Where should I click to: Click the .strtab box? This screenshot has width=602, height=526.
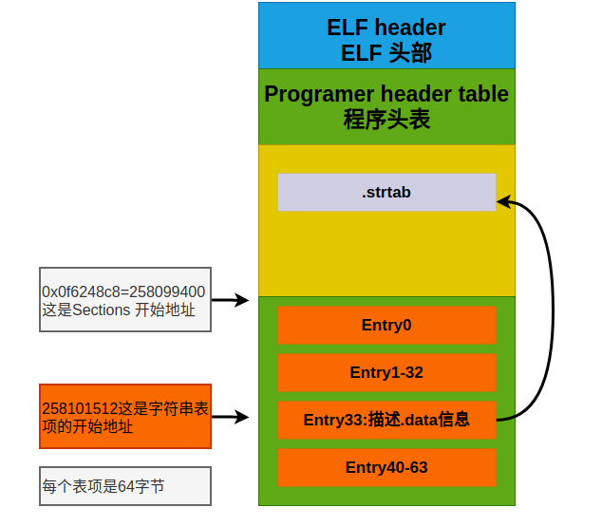point(386,192)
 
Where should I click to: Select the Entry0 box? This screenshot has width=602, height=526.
point(386,325)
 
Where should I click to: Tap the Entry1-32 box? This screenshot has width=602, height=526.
point(386,372)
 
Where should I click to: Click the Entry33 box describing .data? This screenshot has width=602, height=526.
point(386,420)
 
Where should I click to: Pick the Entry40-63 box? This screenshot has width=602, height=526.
point(386,467)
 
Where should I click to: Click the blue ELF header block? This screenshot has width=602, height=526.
point(386,35)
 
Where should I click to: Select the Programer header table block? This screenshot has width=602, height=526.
point(386,106)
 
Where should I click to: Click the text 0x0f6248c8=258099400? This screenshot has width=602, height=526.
point(123,291)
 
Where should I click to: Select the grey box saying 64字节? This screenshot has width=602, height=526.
point(124,486)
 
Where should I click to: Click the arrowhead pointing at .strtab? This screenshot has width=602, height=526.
point(503,201)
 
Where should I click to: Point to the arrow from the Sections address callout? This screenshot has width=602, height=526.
point(230,300)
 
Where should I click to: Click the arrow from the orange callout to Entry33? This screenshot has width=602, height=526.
point(230,417)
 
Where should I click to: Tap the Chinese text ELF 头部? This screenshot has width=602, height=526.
point(386,53)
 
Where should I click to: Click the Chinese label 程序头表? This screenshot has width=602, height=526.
point(386,121)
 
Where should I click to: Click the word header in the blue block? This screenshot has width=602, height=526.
point(409,27)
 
